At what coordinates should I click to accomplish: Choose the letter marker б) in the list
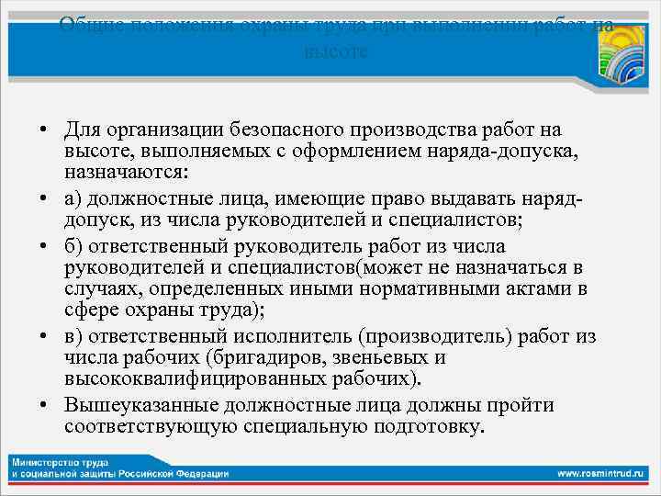(73, 247)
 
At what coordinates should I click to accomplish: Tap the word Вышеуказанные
(139, 405)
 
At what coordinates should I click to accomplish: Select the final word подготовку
(428, 426)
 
